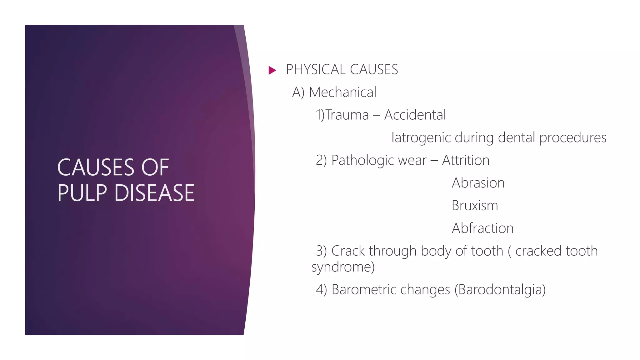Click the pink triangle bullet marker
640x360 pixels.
(272, 70)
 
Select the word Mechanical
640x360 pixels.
(342, 92)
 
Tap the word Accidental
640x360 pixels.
(415, 115)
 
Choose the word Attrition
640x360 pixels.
(466, 160)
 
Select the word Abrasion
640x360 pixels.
(478, 183)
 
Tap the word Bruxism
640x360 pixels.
(475, 206)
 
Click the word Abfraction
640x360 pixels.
(482, 228)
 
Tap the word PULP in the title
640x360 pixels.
(82, 192)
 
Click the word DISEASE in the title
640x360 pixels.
(154, 192)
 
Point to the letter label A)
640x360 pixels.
(298, 92)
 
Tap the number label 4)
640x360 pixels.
(321, 289)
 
